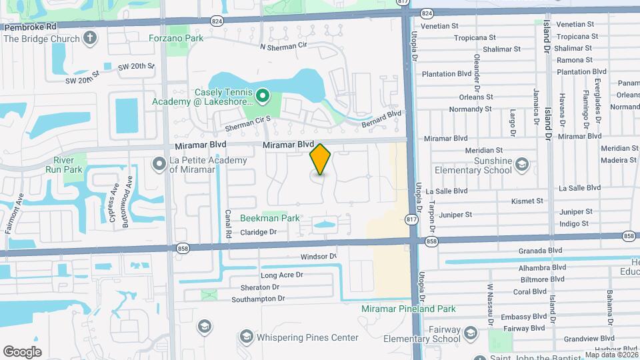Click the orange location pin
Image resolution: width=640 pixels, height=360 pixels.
tap(321, 159)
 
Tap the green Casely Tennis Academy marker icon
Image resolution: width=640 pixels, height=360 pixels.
tap(262, 97)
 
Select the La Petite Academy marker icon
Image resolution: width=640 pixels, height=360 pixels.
tap(159, 163)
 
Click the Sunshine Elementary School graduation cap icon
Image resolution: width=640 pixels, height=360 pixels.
tap(521, 164)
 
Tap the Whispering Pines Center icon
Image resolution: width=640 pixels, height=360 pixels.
tap(246, 337)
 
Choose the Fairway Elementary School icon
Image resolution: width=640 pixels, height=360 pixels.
tap(471, 333)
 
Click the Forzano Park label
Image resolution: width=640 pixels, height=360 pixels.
tap(176, 39)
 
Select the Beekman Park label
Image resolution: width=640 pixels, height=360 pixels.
tap(270, 218)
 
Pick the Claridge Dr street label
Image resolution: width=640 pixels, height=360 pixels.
tap(258, 232)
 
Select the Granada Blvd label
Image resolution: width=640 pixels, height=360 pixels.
tap(541, 251)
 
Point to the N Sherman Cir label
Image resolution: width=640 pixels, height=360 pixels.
tap(283, 47)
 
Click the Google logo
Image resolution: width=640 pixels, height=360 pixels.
tap(22, 352)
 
